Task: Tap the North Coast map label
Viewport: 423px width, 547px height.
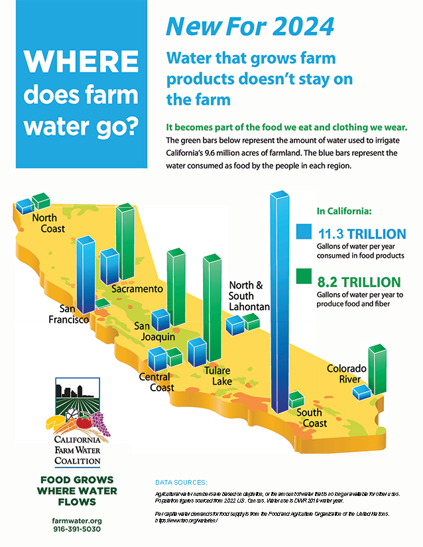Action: [x=48, y=223]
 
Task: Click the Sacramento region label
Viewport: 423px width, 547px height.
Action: [x=137, y=289]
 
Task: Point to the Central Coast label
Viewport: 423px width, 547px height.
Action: [x=156, y=382]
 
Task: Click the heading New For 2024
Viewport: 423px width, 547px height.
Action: [x=249, y=27]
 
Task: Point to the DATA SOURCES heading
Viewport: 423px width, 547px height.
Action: [x=181, y=481]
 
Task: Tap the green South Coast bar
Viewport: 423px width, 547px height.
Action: [x=296, y=400]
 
